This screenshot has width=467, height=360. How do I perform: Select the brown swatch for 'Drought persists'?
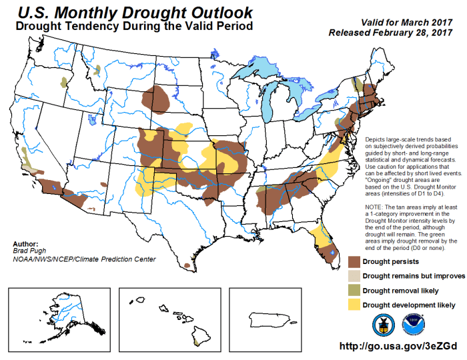[x=357, y=262]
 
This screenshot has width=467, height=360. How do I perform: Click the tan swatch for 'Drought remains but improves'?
[x=357, y=275]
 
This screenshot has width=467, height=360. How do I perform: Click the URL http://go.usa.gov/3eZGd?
[x=398, y=347]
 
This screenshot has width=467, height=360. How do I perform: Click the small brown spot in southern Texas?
[x=185, y=265]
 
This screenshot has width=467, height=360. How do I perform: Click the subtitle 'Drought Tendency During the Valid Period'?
[x=133, y=27]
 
